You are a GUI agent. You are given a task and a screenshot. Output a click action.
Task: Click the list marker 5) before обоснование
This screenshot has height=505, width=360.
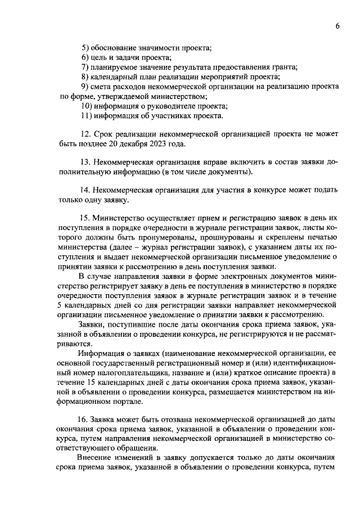point(85,48)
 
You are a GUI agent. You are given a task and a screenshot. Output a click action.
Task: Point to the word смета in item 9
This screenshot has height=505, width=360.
point(106,87)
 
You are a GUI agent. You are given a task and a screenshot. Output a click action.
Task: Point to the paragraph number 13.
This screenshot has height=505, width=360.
point(85,161)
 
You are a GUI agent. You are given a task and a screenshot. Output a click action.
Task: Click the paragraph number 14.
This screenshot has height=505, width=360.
point(85,190)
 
